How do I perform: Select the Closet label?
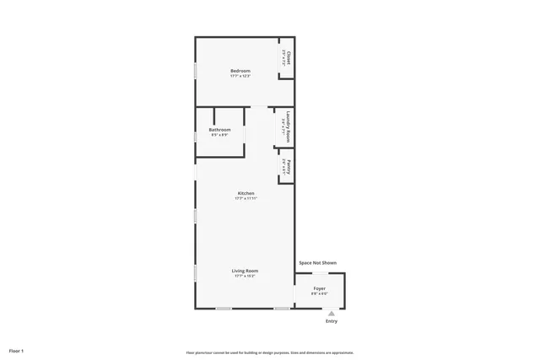[289, 57]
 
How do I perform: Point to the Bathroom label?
[219, 129]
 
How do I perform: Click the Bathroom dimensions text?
[219, 135]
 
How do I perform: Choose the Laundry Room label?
[289, 124]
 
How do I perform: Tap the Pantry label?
[289, 165]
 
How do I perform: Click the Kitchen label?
[246, 193]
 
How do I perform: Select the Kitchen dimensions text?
[246, 199]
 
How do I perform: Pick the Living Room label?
[246, 270]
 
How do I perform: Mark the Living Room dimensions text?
[246, 276]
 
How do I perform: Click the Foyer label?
[319, 287]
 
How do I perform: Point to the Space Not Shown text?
[317, 263]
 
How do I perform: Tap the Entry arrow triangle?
[331, 313]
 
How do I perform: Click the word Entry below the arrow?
[331, 321]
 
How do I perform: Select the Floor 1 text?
[16, 350]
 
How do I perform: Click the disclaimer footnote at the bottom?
[269, 352]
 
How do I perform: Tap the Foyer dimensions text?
[319, 293]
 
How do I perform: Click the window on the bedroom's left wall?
[196, 72]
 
